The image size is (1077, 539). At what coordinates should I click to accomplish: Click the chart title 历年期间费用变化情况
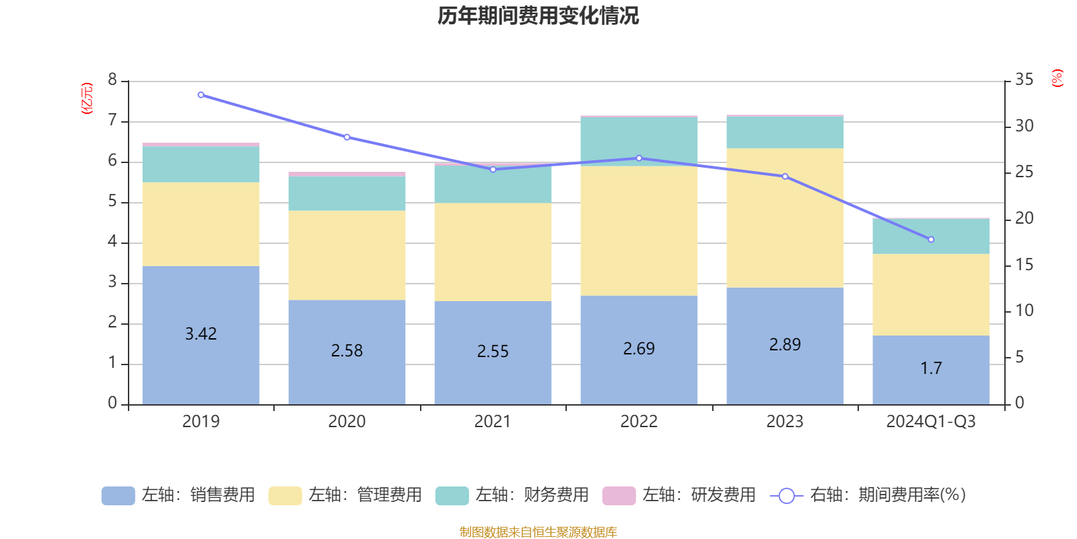pyautogui.click(x=538, y=15)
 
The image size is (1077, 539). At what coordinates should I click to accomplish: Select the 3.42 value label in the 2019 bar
pyautogui.click(x=201, y=334)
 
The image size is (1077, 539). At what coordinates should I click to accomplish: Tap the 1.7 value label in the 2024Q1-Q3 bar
pyautogui.click(x=931, y=369)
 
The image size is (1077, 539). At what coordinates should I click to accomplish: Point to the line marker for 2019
pyautogui.click(x=201, y=95)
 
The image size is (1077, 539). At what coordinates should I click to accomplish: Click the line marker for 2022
pyautogui.click(x=639, y=158)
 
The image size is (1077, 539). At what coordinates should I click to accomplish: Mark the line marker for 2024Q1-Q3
pyautogui.click(x=931, y=240)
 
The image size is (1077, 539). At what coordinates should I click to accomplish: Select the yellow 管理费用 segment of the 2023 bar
pyautogui.click(x=785, y=218)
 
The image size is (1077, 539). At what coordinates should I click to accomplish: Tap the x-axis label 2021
pyautogui.click(x=493, y=422)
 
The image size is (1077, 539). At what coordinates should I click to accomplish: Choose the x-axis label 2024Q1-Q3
pyautogui.click(x=931, y=422)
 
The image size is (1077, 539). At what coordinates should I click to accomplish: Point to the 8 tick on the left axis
pyautogui.click(x=112, y=80)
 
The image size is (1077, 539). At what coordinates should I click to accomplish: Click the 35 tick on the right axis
pyautogui.click(x=1024, y=80)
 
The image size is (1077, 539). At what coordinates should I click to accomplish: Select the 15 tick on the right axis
pyautogui.click(x=1024, y=265)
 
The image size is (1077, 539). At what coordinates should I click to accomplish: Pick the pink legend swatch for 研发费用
pyautogui.click(x=619, y=495)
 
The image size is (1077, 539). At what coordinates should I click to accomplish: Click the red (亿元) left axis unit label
pyautogui.click(x=87, y=98)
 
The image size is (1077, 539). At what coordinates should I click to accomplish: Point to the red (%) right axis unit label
pyautogui.click(x=1057, y=78)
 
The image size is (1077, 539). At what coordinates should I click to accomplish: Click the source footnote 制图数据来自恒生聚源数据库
pyautogui.click(x=538, y=532)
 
